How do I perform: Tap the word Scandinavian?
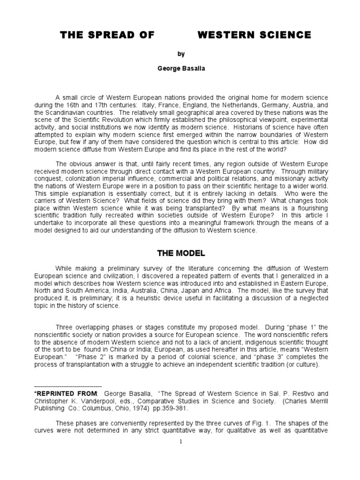coord(66,112)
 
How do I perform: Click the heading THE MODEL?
coord(181,254)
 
